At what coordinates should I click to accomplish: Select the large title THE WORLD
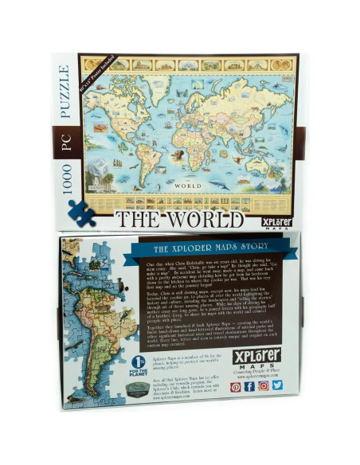[178, 219]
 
